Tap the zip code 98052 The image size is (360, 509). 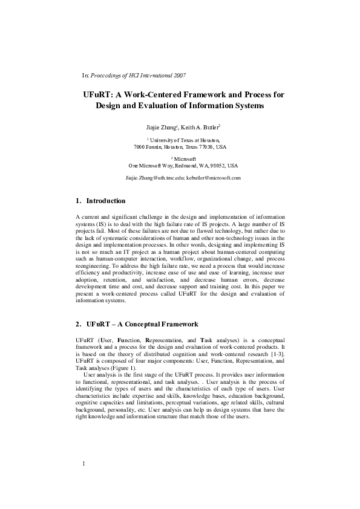point(215,165)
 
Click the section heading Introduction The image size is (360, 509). point(106,201)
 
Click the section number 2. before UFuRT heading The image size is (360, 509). point(79,325)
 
